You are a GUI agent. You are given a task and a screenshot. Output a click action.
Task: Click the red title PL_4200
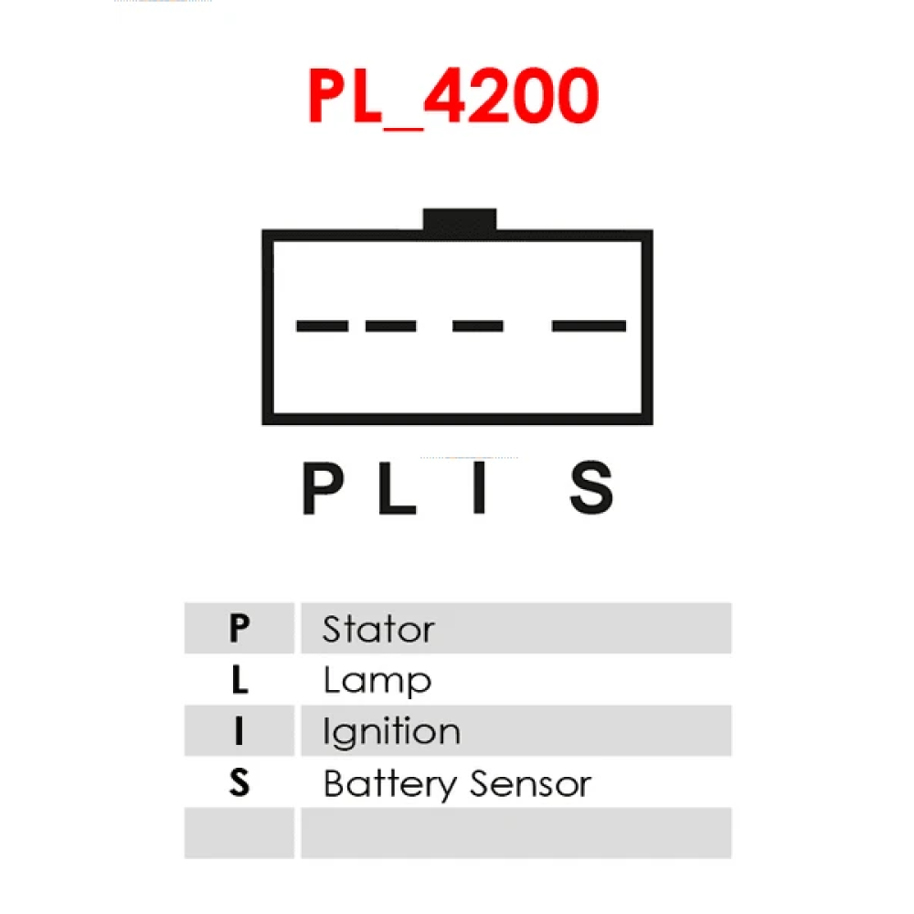453,97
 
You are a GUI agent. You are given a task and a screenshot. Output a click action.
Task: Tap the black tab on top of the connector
460,220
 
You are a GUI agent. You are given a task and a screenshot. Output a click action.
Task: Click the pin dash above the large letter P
323,326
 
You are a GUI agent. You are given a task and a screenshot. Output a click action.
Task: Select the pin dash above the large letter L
390,326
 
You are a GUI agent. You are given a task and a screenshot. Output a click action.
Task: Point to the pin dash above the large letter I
478,326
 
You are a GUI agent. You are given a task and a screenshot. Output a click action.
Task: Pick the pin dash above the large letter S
589,326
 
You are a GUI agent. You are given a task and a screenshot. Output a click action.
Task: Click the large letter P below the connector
324,488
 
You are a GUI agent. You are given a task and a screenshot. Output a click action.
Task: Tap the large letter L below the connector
398,488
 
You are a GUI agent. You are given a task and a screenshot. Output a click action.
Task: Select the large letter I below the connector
479,488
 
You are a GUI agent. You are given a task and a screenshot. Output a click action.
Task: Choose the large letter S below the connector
591,488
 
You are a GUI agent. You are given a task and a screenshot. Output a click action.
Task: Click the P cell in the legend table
239,628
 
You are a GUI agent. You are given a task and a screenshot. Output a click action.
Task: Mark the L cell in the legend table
239,679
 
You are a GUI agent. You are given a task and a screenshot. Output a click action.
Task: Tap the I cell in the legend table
239,730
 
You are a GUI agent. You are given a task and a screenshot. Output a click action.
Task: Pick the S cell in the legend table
239,781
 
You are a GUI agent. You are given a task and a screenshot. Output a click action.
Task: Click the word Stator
379,629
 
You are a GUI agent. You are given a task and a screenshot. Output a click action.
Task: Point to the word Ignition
392,732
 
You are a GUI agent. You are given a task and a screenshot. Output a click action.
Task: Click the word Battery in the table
390,784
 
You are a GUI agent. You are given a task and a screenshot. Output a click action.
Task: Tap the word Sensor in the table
530,784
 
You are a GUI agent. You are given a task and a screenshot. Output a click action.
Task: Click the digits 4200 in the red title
511,96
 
